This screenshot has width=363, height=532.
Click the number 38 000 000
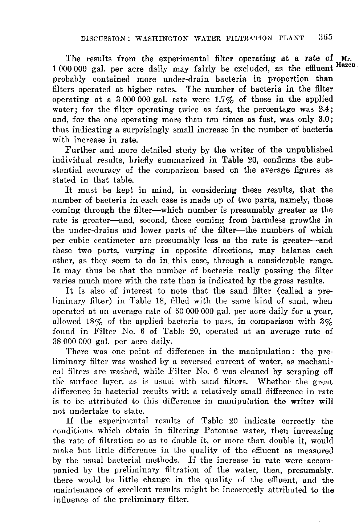pos(72,341)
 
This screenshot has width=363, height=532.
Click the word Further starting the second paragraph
pos(79,150)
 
